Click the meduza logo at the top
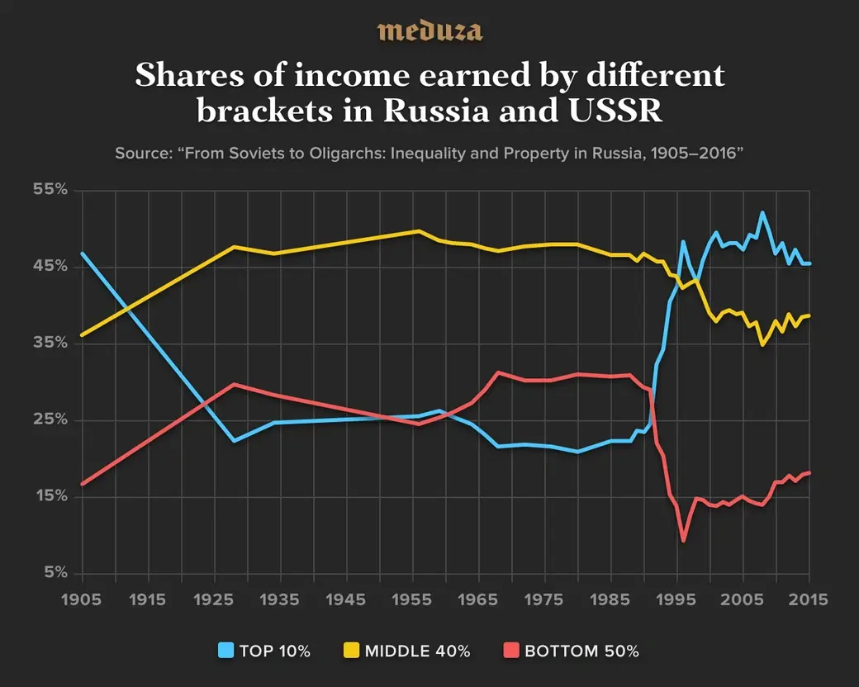[x=429, y=31]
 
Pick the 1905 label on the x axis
[x=83, y=599]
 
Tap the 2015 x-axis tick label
[x=809, y=599]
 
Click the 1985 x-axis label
[x=611, y=599]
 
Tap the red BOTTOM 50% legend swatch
[x=510, y=651]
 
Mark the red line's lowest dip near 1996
[x=684, y=541]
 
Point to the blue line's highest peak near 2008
[x=762, y=213]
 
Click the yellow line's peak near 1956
[x=419, y=231]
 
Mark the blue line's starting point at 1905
[x=83, y=253]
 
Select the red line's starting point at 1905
[x=83, y=484]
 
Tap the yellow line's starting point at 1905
[x=83, y=335]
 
